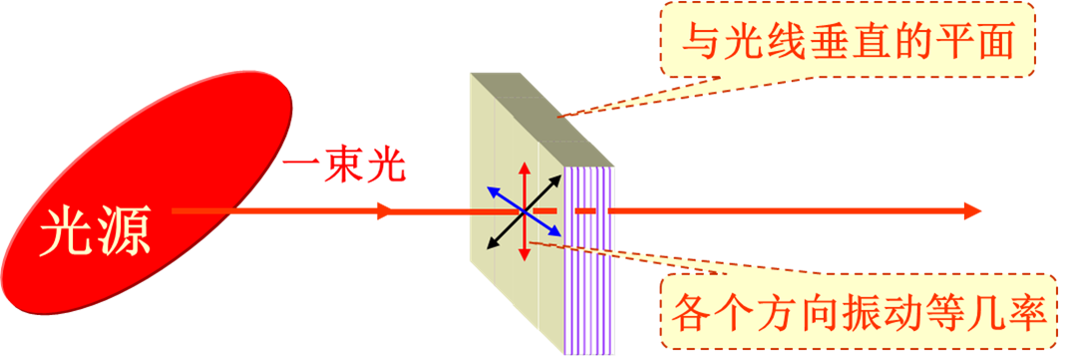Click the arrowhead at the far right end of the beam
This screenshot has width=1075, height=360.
[x=974, y=211]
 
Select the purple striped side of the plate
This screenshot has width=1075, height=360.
[x=591, y=259]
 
